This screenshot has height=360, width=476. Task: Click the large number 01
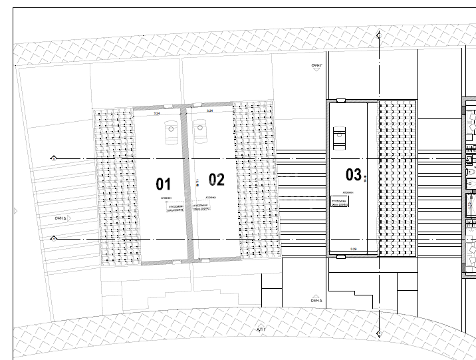pyautogui.click(x=164, y=184)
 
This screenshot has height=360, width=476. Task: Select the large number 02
pyautogui.click(x=217, y=180)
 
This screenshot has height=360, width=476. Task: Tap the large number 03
pyautogui.click(x=354, y=175)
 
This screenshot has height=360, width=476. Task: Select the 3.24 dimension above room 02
pyautogui.click(x=209, y=111)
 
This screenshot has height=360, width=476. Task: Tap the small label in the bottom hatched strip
pyautogui.click(x=261, y=329)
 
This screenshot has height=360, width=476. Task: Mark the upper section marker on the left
pyautogui.click(x=54, y=158)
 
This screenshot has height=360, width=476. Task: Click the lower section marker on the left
pyautogui.click(x=54, y=238)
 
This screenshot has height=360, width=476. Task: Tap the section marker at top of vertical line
pyautogui.click(x=378, y=33)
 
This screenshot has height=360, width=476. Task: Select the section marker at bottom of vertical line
pyautogui.click(x=378, y=333)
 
